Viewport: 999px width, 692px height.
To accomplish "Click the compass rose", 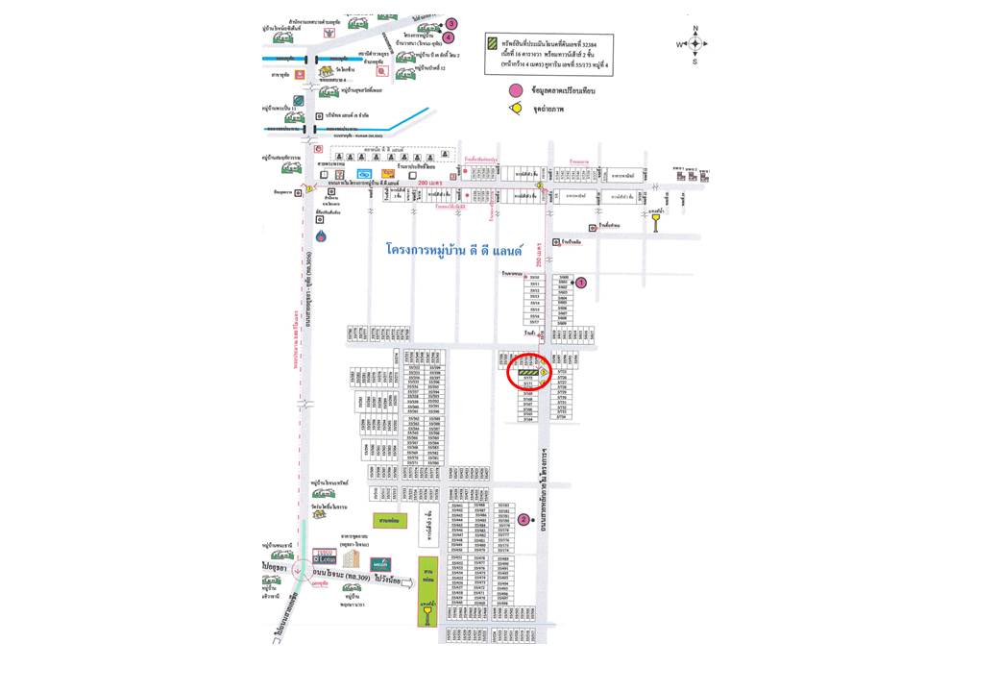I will tap(695, 43).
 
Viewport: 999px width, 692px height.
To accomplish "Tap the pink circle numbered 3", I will tap(451, 24).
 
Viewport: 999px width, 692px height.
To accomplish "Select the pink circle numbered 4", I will tap(447, 37).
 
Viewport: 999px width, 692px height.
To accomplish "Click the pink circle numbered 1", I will tap(580, 283).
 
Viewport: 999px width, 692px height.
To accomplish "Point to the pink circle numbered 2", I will tap(524, 520).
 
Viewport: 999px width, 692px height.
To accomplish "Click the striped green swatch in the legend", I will tap(492, 44).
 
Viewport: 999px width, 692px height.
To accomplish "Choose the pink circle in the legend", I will tap(516, 90).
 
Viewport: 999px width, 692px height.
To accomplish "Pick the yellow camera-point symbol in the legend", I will tap(516, 109).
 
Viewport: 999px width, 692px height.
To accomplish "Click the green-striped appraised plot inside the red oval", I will tap(527, 372).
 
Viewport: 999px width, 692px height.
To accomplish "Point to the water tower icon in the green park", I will tap(427, 610).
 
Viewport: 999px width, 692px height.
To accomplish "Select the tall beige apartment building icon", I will tap(352, 558).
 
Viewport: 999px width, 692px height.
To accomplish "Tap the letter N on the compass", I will tap(695, 29).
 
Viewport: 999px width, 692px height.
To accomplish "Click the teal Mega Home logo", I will tap(381, 563).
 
